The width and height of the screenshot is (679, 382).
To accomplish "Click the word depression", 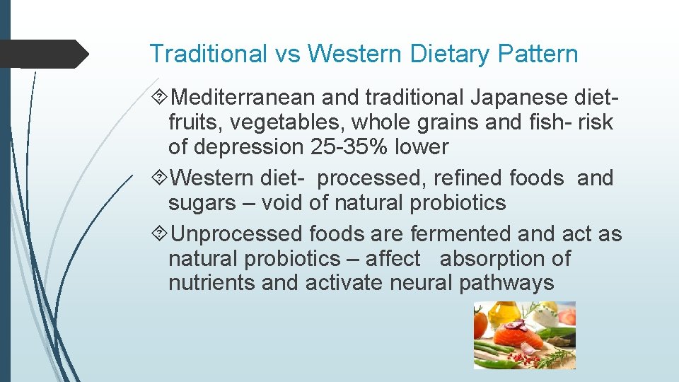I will tap(248, 147).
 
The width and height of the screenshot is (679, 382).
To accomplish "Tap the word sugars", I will tap(202, 204).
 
